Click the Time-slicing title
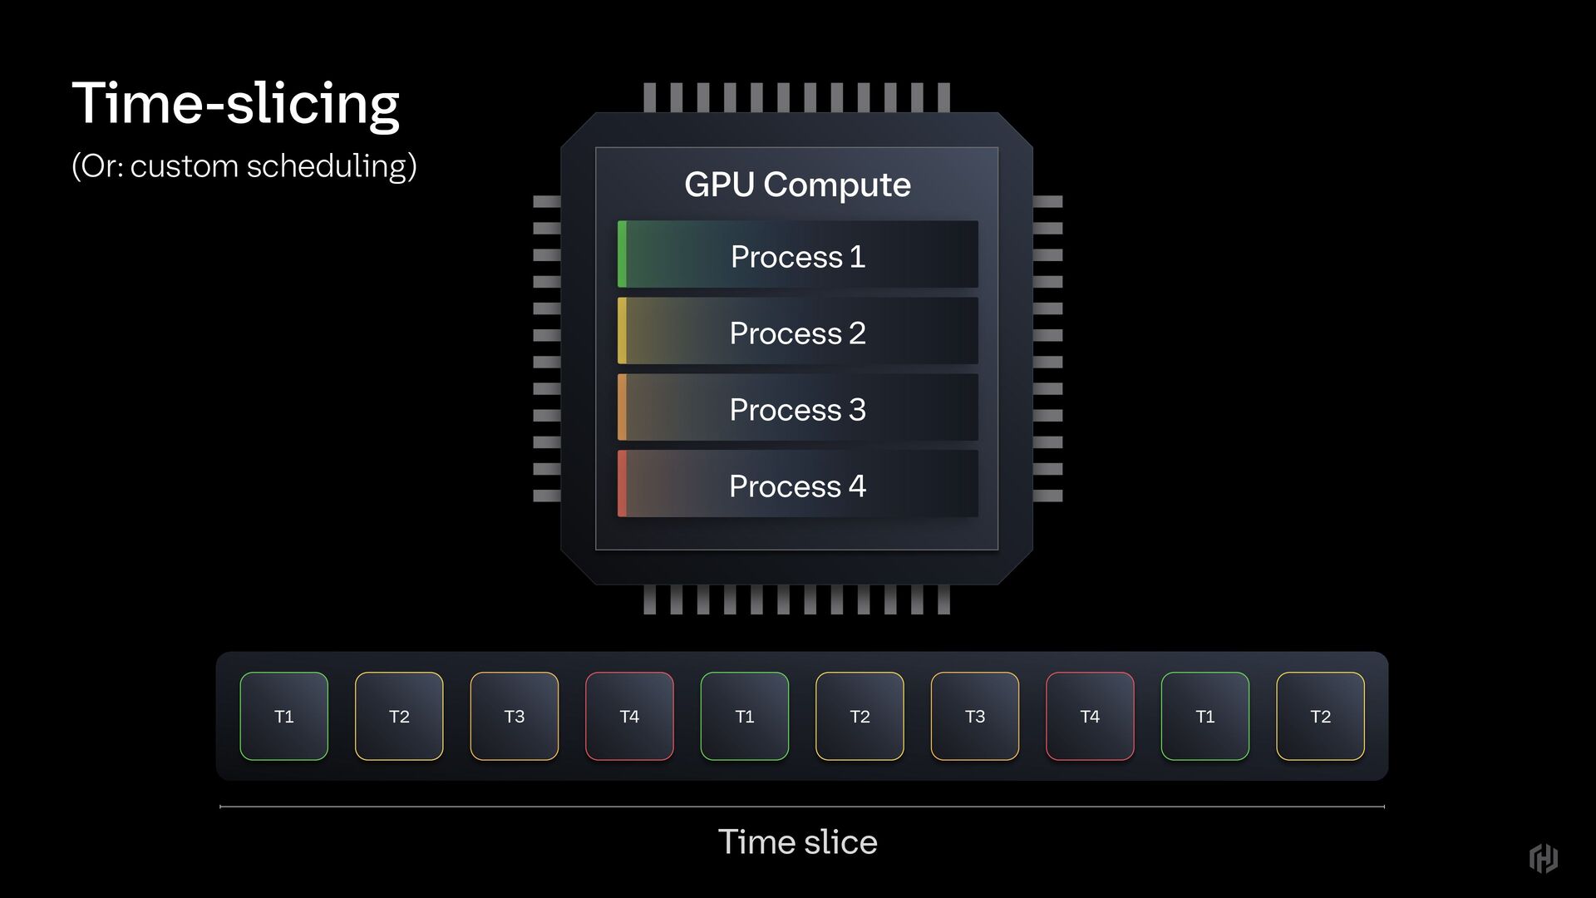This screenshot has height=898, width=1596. click(235, 104)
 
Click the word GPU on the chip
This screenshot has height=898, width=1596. click(719, 185)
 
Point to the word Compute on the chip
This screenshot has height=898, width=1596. click(837, 185)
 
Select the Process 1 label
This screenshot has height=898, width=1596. click(797, 256)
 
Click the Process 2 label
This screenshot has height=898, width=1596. click(797, 333)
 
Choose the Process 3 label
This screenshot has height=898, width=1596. click(797, 409)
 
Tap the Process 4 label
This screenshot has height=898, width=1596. click(797, 486)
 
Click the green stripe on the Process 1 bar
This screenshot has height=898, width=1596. click(622, 254)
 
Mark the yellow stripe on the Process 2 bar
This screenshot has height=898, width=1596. click(622, 331)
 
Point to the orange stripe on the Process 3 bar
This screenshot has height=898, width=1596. click(622, 407)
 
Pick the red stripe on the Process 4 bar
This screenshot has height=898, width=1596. click(622, 484)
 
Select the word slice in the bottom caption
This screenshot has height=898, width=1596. click(840, 842)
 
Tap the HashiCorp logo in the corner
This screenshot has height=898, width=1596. click(1544, 858)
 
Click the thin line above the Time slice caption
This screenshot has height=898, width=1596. click(801, 807)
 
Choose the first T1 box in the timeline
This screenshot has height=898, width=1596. click(284, 716)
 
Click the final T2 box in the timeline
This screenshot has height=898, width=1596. click(1320, 716)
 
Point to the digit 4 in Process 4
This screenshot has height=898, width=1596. click(857, 486)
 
